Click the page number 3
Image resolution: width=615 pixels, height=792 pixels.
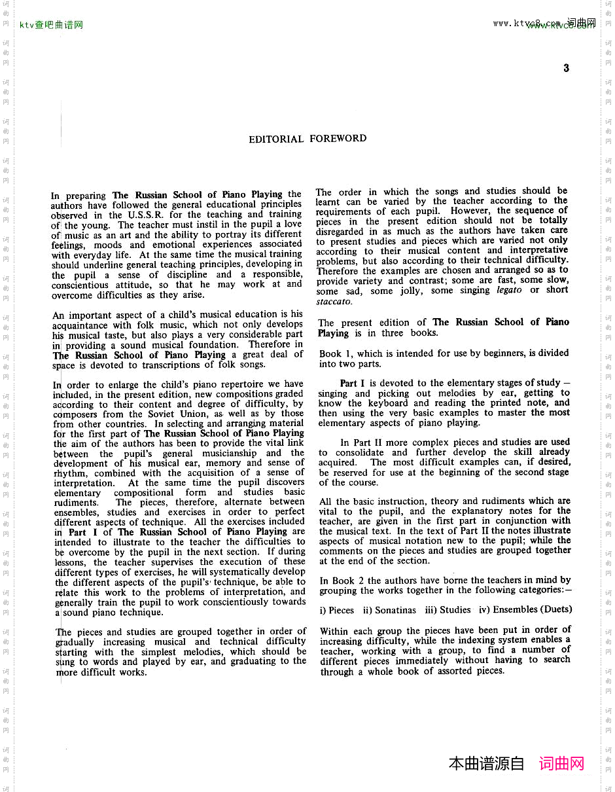pyautogui.click(x=566, y=68)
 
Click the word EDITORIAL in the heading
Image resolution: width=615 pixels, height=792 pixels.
pyautogui.click(x=276, y=139)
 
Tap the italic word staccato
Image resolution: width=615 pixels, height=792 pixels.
pyautogui.click(x=334, y=302)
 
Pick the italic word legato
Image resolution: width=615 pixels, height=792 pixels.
pyautogui.click(x=509, y=290)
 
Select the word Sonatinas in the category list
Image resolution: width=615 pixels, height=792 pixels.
pyautogui.click(x=395, y=610)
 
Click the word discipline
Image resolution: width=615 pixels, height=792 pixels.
pyautogui.click(x=186, y=275)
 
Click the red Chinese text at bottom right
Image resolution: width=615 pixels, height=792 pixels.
pyautogui.click(x=561, y=763)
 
